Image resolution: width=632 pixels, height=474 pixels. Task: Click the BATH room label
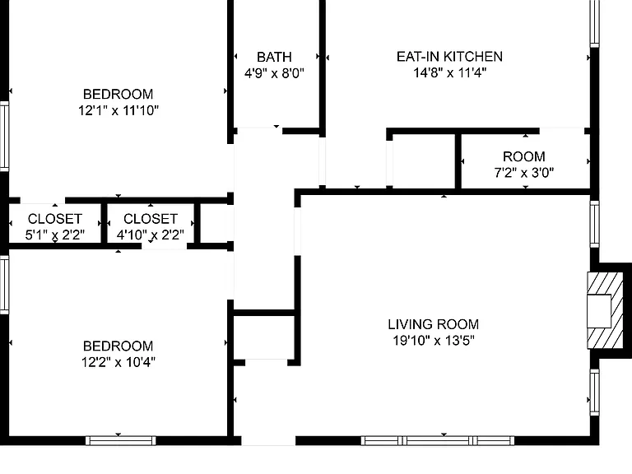point(274,58)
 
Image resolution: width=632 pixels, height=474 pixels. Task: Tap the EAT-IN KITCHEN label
point(449,57)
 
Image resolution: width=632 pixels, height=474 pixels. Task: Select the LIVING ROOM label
point(434,324)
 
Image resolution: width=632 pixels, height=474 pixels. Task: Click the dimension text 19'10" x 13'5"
point(434,341)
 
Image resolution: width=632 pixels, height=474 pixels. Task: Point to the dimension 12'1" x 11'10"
point(118,110)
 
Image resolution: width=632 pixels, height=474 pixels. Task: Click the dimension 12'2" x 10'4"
point(118,362)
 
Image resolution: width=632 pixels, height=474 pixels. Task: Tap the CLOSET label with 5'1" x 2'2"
point(55,218)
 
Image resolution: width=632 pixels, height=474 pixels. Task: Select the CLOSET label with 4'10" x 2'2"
point(151,218)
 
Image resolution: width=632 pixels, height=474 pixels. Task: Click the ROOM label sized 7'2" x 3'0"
point(524,156)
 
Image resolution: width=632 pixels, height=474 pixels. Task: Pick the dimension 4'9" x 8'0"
point(274,73)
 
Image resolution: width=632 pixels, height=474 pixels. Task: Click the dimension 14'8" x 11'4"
point(449,72)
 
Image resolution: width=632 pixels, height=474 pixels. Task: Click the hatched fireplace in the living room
point(599,311)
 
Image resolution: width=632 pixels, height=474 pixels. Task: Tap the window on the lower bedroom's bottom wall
point(120,440)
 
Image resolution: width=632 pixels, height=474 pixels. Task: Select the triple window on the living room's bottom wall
point(437,440)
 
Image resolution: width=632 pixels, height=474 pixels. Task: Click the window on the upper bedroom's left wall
point(4,137)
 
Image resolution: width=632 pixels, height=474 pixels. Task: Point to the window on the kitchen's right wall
point(595,23)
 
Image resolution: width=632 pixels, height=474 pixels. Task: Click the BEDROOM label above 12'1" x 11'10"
point(118,94)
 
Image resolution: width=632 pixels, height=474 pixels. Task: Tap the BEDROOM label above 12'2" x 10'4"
point(118,346)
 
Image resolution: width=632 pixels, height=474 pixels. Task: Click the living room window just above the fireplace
point(595,224)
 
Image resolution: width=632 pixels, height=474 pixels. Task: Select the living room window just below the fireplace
point(595,392)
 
